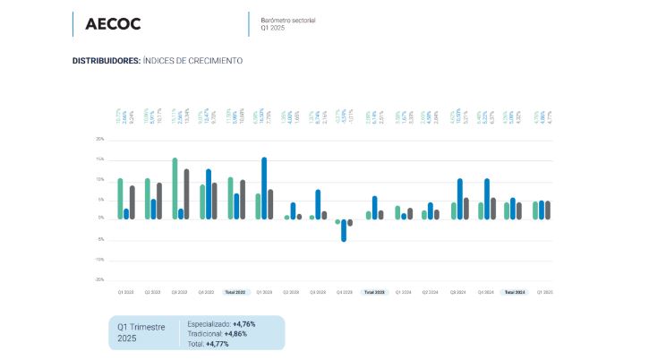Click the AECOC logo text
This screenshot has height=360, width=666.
pyautogui.click(x=113, y=24)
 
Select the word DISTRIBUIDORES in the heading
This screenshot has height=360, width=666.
pyautogui.click(x=106, y=61)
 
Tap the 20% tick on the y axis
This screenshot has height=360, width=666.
pyautogui.click(x=100, y=140)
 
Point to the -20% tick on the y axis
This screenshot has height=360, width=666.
pyautogui.click(x=100, y=279)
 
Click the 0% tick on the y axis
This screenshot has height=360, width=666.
pyautogui.click(x=101, y=219)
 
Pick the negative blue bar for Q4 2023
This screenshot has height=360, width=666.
pyautogui.click(x=344, y=230)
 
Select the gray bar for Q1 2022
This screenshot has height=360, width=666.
pyautogui.click(x=132, y=202)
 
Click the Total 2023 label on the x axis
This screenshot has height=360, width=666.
pyautogui.click(x=374, y=293)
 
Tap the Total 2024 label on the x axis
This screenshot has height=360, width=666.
pyautogui.click(x=515, y=293)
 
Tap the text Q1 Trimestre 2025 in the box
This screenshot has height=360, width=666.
pyautogui.click(x=141, y=332)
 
